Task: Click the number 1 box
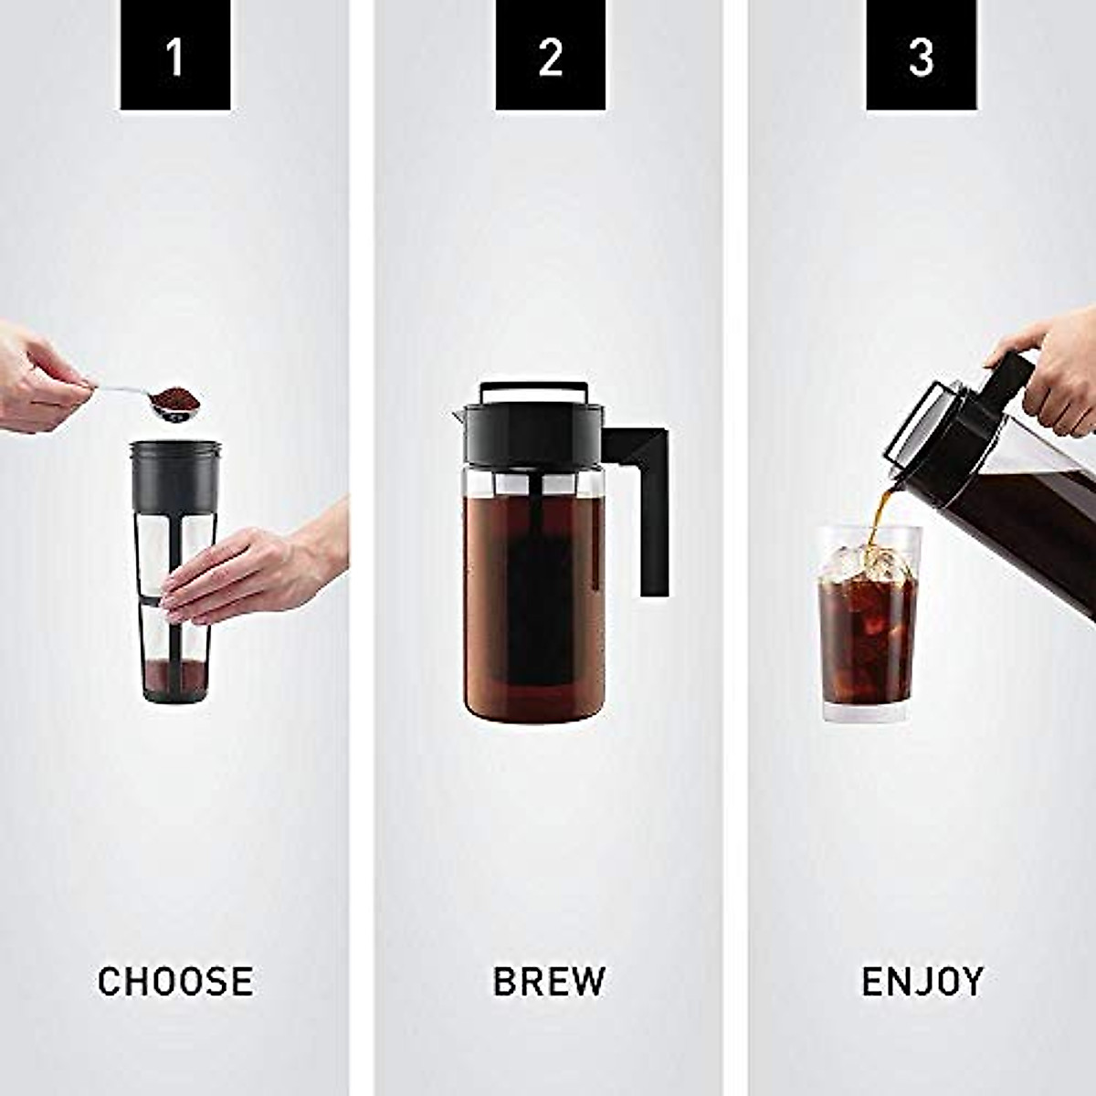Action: click(x=174, y=56)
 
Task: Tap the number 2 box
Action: click(x=550, y=56)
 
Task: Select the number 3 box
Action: click(x=921, y=56)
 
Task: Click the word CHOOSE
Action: click(x=174, y=982)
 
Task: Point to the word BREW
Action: click(x=549, y=982)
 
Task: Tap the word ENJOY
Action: click(x=922, y=982)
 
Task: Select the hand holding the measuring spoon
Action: click(x=37, y=379)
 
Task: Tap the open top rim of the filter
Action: click(x=175, y=448)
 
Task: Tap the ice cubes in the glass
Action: click(x=868, y=562)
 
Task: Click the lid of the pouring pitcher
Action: click(x=922, y=429)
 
